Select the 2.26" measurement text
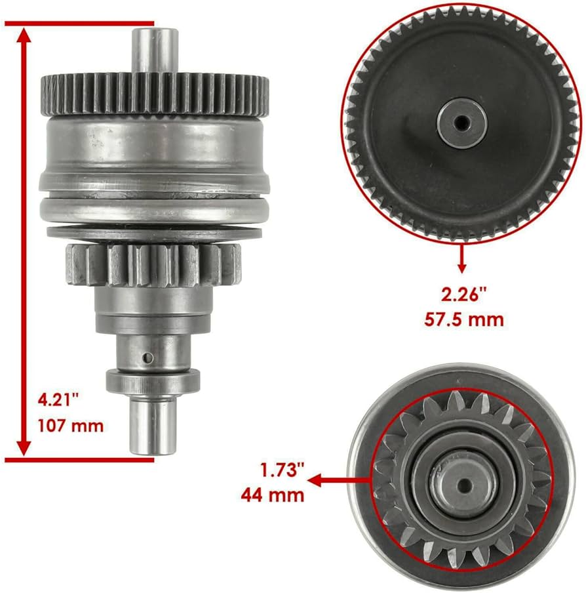(x=462, y=294)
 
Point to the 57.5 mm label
(x=462, y=319)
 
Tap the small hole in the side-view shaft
(x=149, y=356)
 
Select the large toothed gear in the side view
(x=154, y=92)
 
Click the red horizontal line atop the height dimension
(x=79, y=24)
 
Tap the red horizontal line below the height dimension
(x=79, y=460)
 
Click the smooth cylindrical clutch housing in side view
(x=154, y=148)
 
